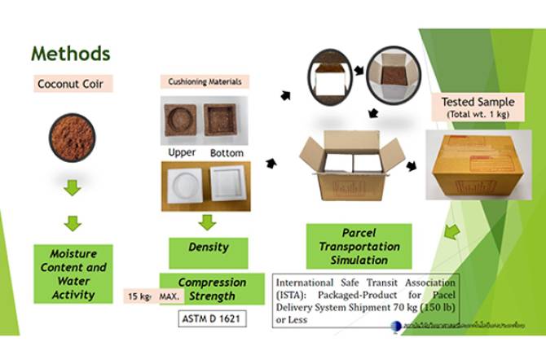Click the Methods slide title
pos(70,54)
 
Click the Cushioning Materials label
pos(204,82)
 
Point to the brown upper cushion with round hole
pos(183,118)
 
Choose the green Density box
pos(208,246)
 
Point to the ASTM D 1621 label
pos(210,318)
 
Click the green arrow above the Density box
pos(208,221)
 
